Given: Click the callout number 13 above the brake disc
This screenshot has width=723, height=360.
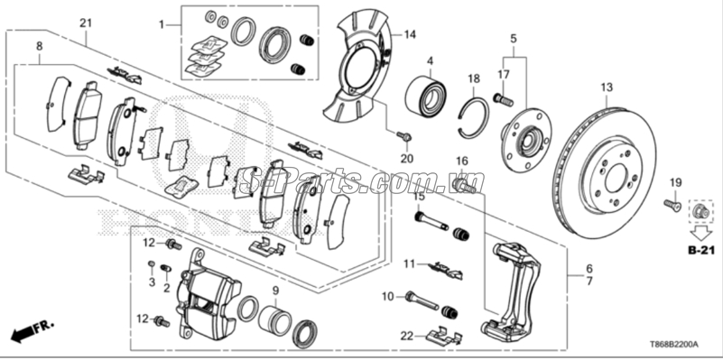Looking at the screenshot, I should [x=607, y=87].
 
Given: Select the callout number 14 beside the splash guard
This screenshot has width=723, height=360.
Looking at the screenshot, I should [x=410, y=35].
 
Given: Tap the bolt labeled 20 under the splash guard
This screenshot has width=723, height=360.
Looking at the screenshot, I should [x=403, y=137].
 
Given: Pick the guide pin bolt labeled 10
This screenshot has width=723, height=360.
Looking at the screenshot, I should [x=422, y=297].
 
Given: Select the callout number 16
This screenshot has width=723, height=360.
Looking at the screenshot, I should [x=461, y=162].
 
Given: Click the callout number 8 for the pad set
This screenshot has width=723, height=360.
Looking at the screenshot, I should [x=38, y=45].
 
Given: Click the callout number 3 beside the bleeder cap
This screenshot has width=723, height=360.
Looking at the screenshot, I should [x=152, y=282].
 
